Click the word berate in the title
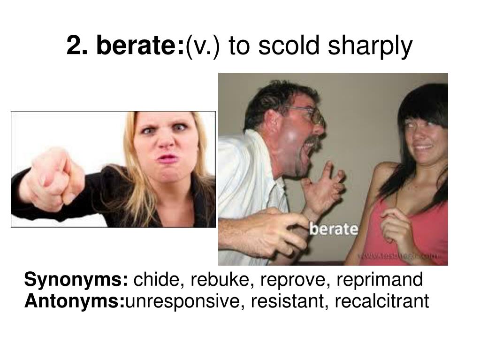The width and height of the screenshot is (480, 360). click(x=141, y=46)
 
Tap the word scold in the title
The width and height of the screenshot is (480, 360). click(x=283, y=46)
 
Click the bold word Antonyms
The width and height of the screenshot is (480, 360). click(x=75, y=301)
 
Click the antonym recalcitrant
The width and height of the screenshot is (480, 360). click(x=381, y=301)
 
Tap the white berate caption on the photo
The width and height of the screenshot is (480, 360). click(x=334, y=229)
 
